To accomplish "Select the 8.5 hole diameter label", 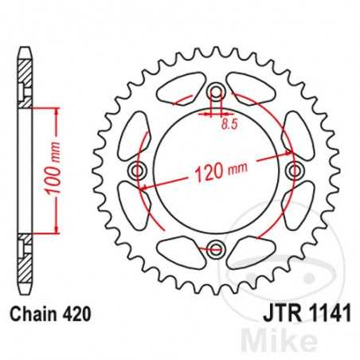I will [x=229, y=123].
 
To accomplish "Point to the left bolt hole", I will [x=139, y=171].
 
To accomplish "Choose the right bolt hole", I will [x=294, y=171].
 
